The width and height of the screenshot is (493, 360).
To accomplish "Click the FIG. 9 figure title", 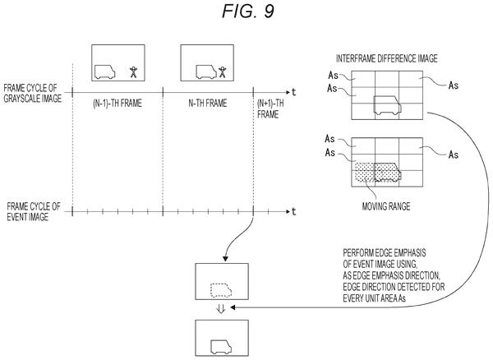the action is pos(248,12).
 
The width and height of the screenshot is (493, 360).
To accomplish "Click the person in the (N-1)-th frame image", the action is pos(134,72).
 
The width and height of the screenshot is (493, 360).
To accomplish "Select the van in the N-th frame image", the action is pos(206,72).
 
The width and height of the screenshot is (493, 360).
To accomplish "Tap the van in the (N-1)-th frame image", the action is pos(104,72).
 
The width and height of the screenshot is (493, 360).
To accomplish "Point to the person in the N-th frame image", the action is pos(223,72).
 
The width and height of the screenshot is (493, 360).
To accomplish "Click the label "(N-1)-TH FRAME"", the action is pos(117,103).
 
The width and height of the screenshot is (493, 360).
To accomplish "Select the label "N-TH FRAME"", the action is pos(208,103).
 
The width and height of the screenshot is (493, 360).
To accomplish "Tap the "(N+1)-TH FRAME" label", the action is pos(270,108).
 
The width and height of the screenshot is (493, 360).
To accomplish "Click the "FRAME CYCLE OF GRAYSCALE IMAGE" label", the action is pos(32,93).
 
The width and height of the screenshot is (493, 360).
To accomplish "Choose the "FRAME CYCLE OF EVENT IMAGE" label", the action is pos(34,211).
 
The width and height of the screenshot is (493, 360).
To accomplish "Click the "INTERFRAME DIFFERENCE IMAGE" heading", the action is pos(387,59).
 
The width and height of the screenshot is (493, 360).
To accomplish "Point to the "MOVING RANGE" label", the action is pos(386,206).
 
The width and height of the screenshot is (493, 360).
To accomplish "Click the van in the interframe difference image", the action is pos(387,105).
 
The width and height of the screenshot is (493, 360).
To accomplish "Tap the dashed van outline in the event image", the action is pos(221,290).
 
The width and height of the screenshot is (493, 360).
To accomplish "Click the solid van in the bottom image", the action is pos(221,347).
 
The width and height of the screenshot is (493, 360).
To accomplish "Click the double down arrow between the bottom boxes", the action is pos(221,309).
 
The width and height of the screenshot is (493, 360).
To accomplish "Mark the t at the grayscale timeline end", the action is pos(293,92).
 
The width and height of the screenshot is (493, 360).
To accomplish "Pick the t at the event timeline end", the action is pos(293,211).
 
